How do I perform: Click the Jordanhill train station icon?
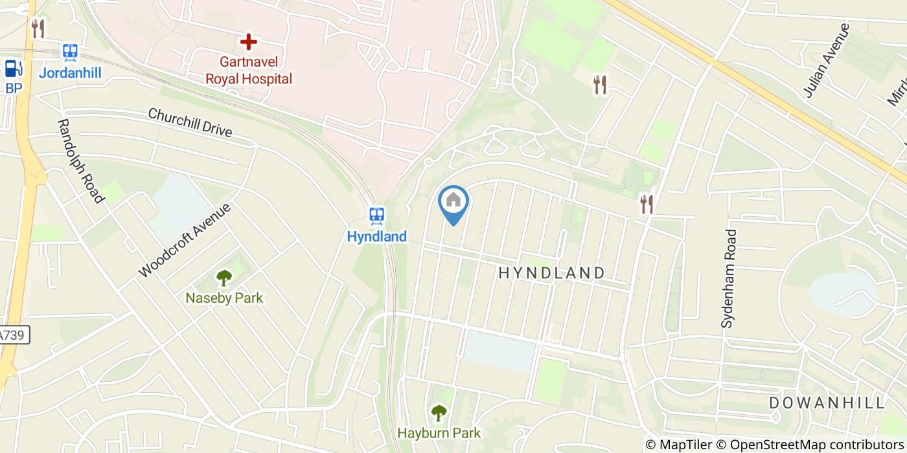tap(70, 52)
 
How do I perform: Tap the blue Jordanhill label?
tap(70, 72)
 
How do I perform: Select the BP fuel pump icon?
tap(13, 68)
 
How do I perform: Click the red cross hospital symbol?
tap(248, 43)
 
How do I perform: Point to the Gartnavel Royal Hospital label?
tap(248, 71)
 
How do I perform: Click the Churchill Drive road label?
tap(190, 122)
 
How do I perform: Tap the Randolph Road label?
tap(81, 160)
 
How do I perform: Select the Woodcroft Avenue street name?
tap(185, 241)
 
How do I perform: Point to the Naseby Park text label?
tap(224, 298)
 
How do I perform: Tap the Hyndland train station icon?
tap(376, 215)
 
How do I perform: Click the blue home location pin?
tap(454, 201)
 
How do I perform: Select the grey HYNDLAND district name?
tap(551, 273)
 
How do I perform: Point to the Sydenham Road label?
tap(730, 278)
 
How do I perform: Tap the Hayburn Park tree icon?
tap(439, 412)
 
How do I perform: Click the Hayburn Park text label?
tap(439, 432)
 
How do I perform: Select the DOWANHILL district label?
tap(827, 403)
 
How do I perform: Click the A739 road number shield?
tap(13, 335)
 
